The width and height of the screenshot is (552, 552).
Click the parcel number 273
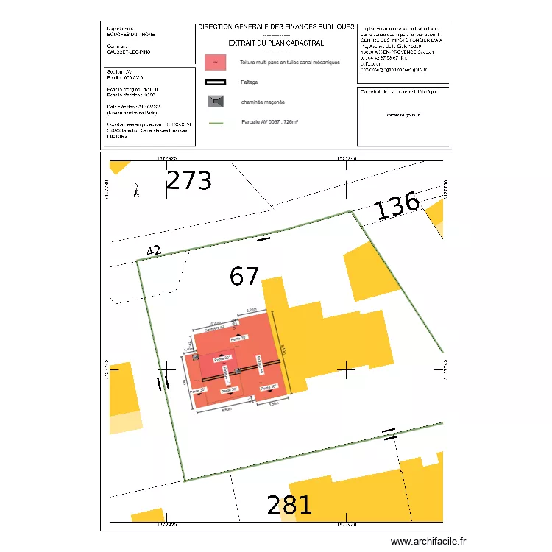point(189,181)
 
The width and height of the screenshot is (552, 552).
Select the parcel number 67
point(244,277)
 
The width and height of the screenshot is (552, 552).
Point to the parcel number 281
point(289,506)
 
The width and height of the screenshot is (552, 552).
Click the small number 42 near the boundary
point(154,251)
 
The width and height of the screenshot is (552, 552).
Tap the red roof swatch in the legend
point(215,63)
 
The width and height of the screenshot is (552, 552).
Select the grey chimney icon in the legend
point(215,101)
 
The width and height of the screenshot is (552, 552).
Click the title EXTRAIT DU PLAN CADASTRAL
point(276,43)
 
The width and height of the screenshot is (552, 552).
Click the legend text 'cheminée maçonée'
point(263,102)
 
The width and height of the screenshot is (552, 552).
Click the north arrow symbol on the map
point(135,191)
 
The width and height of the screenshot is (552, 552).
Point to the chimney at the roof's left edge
point(196,357)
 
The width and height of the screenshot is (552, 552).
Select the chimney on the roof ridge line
point(237,370)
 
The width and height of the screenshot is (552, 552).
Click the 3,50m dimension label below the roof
point(273,404)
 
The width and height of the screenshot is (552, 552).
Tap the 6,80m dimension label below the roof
point(227,409)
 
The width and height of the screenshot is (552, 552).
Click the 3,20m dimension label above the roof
point(250,310)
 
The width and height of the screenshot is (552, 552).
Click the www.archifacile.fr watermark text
point(428,541)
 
